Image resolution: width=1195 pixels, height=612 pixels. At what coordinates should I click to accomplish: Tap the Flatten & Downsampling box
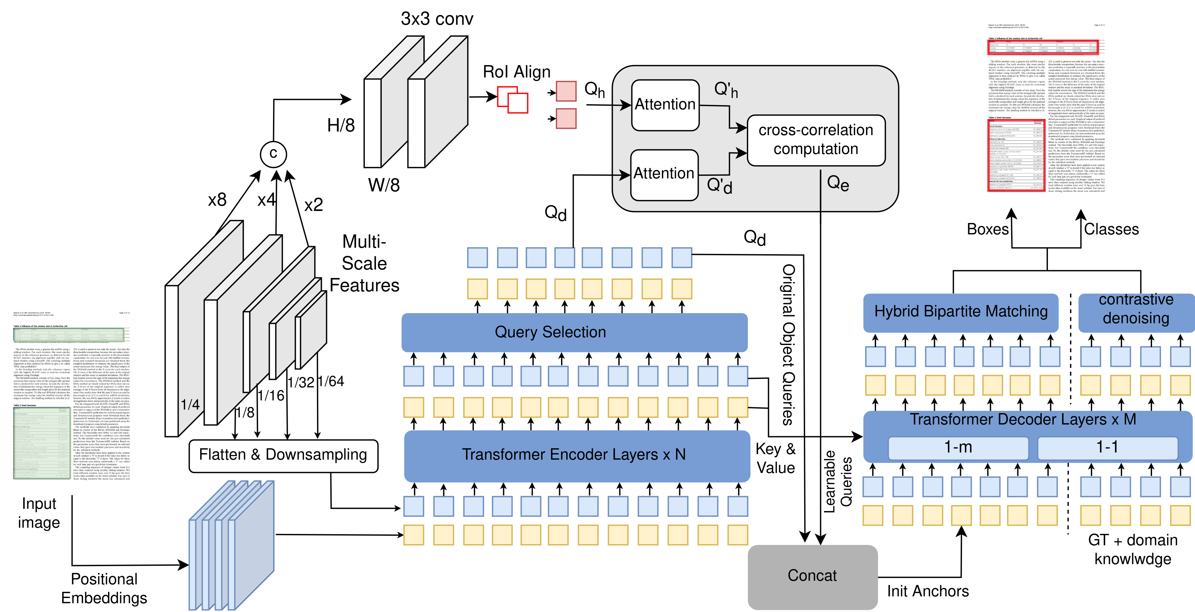coord(283,455)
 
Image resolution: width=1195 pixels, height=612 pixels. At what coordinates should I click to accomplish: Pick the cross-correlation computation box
coord(816,140)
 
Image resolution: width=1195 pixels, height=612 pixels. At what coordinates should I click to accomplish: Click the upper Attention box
coord(665,105)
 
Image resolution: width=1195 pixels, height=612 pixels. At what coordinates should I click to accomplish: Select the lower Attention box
coord(664,174)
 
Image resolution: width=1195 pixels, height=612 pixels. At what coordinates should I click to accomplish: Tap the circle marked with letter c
coord(273,154)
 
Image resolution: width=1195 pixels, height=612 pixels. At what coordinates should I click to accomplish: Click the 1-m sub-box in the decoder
coord(958,447)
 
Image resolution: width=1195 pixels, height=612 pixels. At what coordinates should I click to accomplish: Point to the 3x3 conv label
coord(437,19)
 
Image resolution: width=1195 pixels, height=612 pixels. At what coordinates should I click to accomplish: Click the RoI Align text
coord(516,72)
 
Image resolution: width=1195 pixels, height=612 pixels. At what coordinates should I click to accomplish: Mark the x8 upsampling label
coord(217,201)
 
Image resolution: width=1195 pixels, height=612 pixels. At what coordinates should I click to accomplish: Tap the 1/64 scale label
coord(331,382)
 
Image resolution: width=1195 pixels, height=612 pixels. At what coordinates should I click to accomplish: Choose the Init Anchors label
coord(928,591)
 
